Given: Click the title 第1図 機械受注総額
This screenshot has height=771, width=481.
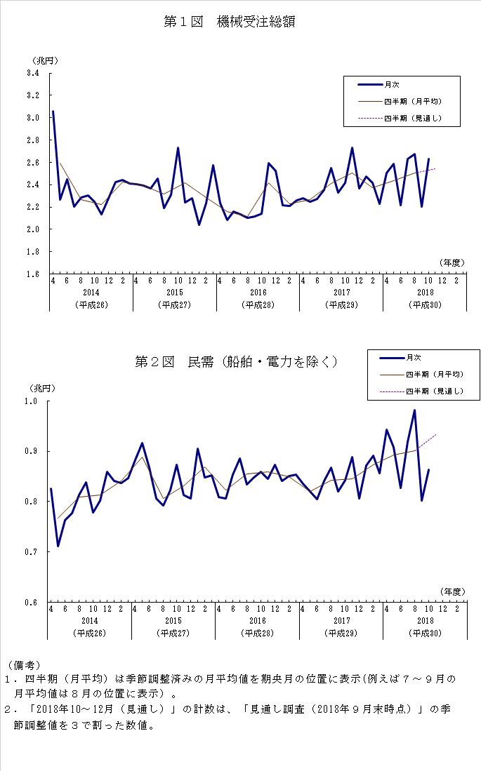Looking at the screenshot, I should coord(229,22).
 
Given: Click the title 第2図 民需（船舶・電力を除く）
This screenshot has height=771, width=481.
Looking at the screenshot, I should coord(237,362).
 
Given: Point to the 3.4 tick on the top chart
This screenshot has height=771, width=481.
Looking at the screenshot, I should coord(33,72).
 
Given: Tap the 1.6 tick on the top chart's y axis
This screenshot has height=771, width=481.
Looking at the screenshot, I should coord(33,274).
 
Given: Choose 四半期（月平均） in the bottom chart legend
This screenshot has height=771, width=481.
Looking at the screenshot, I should coord(434,375).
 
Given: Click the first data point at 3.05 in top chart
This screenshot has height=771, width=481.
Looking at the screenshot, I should coord(53,112).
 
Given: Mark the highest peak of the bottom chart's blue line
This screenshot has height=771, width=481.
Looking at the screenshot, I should coord(415,410).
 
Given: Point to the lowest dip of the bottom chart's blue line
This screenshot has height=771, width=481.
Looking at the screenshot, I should coord(58,546).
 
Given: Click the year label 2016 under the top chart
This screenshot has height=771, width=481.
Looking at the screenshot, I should coord(258,292).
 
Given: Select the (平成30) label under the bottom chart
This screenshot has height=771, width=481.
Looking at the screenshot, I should coord(425,633).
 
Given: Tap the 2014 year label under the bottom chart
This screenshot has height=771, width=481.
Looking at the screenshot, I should coord(91,621).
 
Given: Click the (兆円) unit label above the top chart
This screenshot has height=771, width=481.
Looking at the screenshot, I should coord(44,60).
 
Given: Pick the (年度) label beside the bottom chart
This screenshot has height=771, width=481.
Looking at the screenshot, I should coord(453,592).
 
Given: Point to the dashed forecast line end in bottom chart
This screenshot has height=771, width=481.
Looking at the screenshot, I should coord(436,435).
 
